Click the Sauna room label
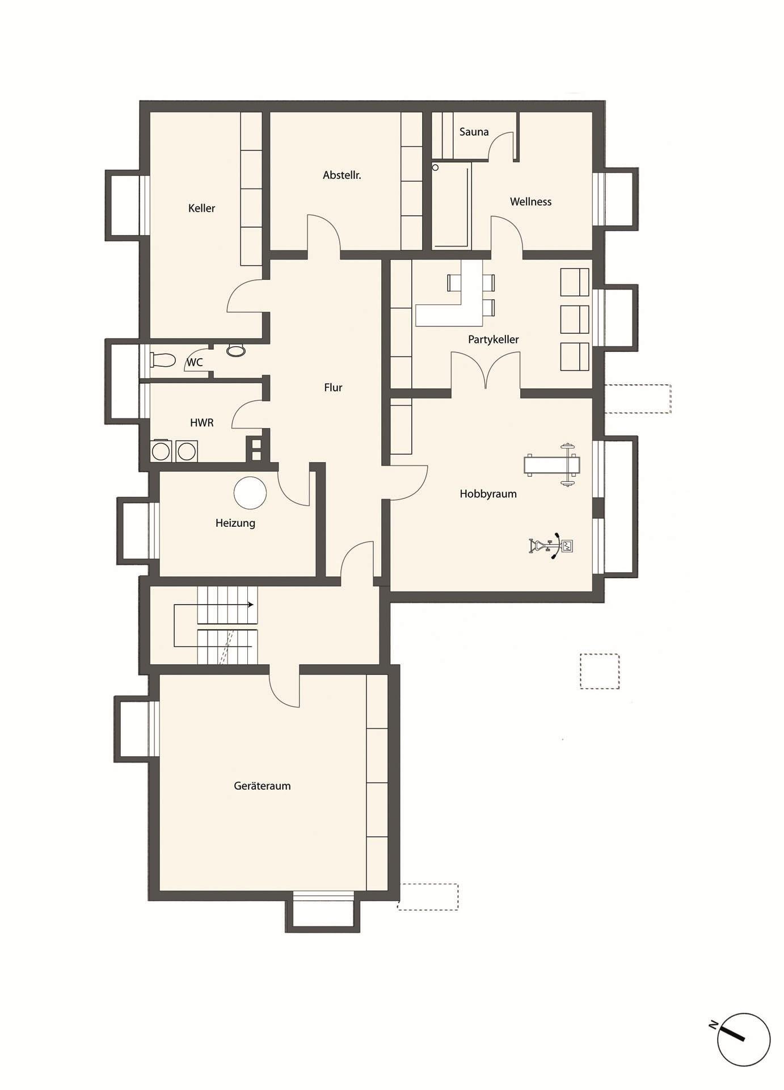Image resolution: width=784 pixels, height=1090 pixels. tap(474, 132)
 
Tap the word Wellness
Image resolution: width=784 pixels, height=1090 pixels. tap(530, 202)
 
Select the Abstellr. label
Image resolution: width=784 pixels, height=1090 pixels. tap(342, 175)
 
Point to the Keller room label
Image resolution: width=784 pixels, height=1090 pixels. tap(201, 208)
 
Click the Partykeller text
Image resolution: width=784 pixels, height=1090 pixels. tap(493, 339)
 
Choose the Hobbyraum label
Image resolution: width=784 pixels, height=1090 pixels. tap(488, 494)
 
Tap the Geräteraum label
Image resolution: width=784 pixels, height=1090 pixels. tap(262, 786)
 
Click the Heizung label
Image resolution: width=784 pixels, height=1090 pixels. tap(235, 523)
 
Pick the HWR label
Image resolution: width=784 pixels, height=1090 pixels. tap(201, 423)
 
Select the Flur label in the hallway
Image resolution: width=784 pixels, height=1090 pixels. tap(333, 388)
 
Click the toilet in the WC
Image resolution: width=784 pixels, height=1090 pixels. tap(163, 360)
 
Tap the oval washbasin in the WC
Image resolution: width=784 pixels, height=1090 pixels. tap(236, 350)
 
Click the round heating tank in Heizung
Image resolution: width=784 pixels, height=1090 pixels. tap(250, 493)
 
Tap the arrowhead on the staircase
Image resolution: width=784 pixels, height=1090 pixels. tap(250, 605)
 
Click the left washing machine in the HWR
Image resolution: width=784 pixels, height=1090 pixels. tap(161, 451)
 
